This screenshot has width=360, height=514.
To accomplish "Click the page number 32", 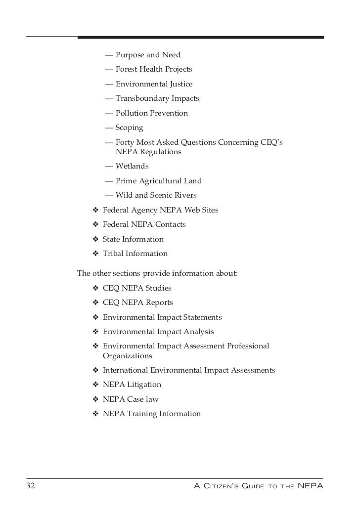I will (31, 486).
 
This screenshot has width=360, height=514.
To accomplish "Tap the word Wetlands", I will (132, 166).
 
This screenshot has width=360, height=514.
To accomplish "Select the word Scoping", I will (129, 128).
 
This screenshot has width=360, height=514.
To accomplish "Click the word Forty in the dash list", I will (126, 142).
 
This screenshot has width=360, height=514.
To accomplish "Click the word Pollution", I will (132, 113).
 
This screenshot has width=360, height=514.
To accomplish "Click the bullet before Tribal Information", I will (95, 254).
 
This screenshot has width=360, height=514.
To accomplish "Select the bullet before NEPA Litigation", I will (95, 385).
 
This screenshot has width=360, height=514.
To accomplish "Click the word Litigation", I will (143, 385).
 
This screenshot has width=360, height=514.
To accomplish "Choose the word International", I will (127, 370).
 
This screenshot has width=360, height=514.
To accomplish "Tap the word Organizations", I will (127, 355).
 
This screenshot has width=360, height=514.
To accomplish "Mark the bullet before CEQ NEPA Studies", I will (95, 288).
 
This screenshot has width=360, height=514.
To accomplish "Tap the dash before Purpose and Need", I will (109, 55).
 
